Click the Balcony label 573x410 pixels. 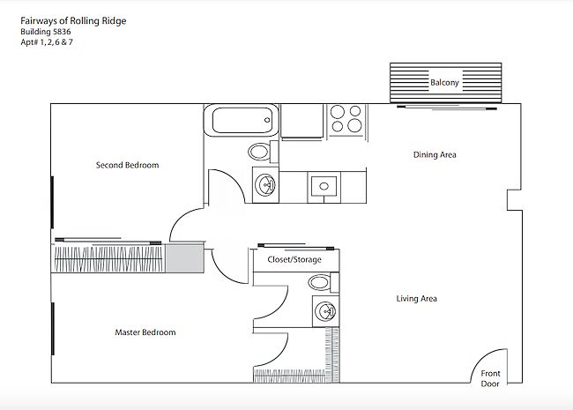click(444, 83)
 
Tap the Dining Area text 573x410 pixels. click(435, 154)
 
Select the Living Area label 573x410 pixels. click(417, 299)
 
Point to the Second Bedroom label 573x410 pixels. click(127, 165)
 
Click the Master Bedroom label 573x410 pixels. click(145, 332)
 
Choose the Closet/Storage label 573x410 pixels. click(294, 259)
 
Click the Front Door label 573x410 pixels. click(490, 378)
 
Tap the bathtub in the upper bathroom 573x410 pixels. click(242, 120)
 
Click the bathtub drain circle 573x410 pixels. click(267, 120)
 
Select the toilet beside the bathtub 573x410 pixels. click(263, 152)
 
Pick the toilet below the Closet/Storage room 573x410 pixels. click(324, 282)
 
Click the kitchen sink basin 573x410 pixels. click(324, 186)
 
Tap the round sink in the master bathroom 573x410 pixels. click(325, 311)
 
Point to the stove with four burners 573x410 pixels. click(346, 119)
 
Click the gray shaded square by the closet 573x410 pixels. click(184, 258)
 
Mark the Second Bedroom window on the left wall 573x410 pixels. click(53, 203)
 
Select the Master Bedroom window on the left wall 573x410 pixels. click(53, 329)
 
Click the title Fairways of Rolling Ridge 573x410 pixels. click(73, 21)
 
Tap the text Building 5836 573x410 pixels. click(46, 32)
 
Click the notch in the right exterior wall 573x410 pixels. click(514, 200)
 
